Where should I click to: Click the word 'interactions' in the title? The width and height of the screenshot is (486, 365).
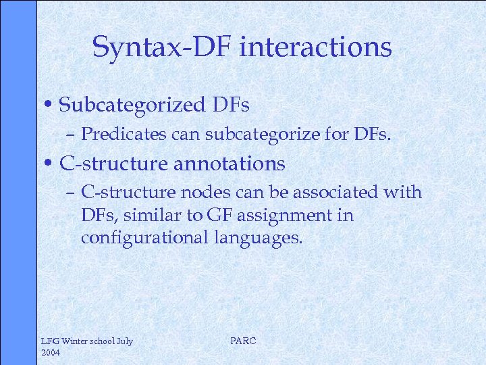pyautogui.click(x=315, y=47)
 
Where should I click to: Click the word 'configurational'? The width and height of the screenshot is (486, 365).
pyautogui.click(x=144, y=239)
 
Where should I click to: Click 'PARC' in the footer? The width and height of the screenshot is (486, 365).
pyautogui.click(x=243, y=341)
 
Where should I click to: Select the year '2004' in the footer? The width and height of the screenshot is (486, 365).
pyautogui.click(x=51, y=353)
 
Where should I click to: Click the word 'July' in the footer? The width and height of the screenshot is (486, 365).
pyautogui.click(x=124, y=341)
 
